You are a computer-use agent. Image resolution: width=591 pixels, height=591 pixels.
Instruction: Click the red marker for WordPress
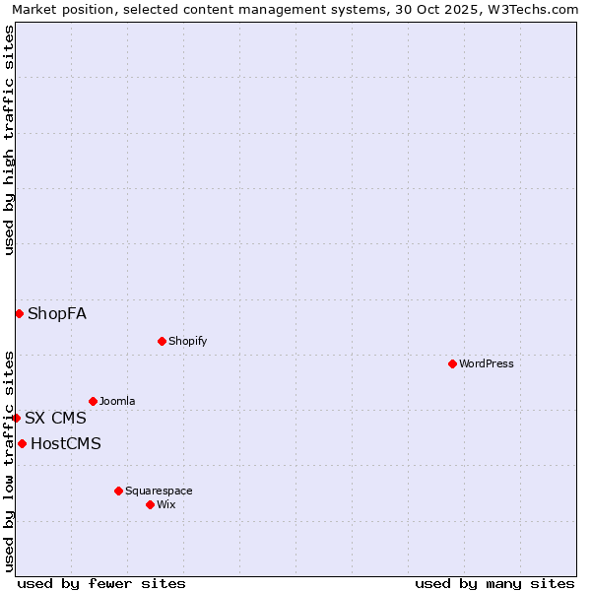[x=452, y=363]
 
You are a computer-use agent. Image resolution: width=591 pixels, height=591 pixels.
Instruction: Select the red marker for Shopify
[x=162, y=341]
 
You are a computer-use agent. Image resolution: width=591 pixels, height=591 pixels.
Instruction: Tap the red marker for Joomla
[x=93, y=401]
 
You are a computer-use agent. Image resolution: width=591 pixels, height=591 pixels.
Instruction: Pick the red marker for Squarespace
[x=118, y=491]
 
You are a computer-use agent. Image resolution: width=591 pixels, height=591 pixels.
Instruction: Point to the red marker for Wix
[x=150, y=504]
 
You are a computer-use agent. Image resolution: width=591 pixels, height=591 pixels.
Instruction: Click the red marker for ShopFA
[x=19, y=313]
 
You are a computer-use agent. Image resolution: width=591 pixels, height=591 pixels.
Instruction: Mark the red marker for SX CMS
[x=16, y=418]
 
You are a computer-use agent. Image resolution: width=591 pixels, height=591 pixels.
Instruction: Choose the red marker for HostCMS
[x=22, y=443]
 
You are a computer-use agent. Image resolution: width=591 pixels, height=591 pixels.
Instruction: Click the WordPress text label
[x=487, y=363]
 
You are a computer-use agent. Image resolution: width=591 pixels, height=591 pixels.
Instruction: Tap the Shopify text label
[x=187, y=341]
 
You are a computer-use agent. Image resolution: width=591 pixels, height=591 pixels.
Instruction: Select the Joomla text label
[x=117, y=401]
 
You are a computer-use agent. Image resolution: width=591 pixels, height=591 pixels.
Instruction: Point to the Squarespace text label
[x=159, y=491]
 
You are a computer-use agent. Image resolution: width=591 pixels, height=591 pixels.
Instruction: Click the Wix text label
[x=166, y=504]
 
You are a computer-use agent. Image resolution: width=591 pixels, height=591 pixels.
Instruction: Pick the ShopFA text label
[x=57, y=313]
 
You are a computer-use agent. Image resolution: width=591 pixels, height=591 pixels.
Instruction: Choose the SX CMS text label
[x=55, y=418]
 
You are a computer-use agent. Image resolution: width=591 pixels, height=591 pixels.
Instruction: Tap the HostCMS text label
[x=66, y=443]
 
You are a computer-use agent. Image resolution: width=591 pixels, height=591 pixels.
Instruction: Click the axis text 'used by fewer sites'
[x=101, y=583]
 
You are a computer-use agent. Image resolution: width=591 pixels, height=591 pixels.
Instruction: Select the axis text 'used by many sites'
[x=494, y=583]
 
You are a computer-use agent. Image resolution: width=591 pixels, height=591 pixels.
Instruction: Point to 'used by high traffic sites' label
[x=9, y=140]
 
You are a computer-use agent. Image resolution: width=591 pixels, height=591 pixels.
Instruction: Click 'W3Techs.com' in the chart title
[x=533, y=9]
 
